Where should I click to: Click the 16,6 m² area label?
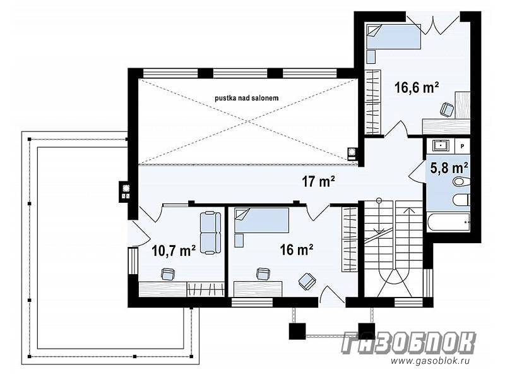click(417, 87)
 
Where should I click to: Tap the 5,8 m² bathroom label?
click(449, 167)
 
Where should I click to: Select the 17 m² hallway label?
click(318, 182)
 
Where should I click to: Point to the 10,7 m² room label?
click(174, 250)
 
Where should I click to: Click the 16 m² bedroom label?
click(297, 250)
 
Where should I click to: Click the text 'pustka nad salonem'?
click(247, 98)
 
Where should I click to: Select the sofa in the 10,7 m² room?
click(210, 232)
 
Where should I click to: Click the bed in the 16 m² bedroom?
click(262, 220)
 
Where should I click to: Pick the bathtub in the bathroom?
click(448, 222)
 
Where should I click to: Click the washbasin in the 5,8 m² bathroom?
click(440, 146)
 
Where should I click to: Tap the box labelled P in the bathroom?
click(462, 146)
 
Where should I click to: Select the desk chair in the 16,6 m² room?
click(447, 109)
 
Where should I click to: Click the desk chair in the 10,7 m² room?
click(168, 274)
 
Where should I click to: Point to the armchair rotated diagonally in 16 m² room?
click(307, 281)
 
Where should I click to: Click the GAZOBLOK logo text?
click(408, 343)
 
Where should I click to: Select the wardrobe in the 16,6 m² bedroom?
click(372, 102)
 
